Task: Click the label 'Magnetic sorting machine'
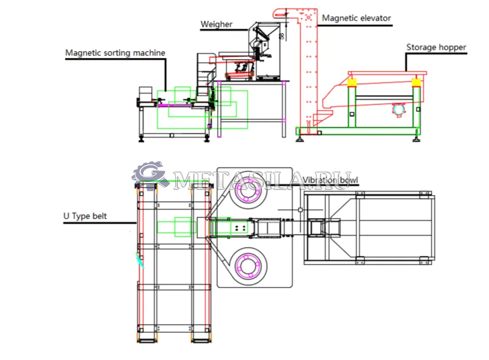115,53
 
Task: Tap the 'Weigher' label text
217,24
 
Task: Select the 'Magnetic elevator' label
356,18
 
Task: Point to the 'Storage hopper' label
436,47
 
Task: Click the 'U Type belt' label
85,216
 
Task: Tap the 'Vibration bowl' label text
330,180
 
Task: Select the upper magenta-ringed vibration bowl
248,189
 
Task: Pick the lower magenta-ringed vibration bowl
248,266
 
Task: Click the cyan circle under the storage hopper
398,110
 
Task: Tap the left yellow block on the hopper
352,82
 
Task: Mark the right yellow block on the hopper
417,82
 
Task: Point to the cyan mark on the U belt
140,261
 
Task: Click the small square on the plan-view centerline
301,210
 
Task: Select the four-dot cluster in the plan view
240,227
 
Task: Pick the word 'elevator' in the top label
374,18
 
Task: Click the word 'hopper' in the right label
452,48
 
